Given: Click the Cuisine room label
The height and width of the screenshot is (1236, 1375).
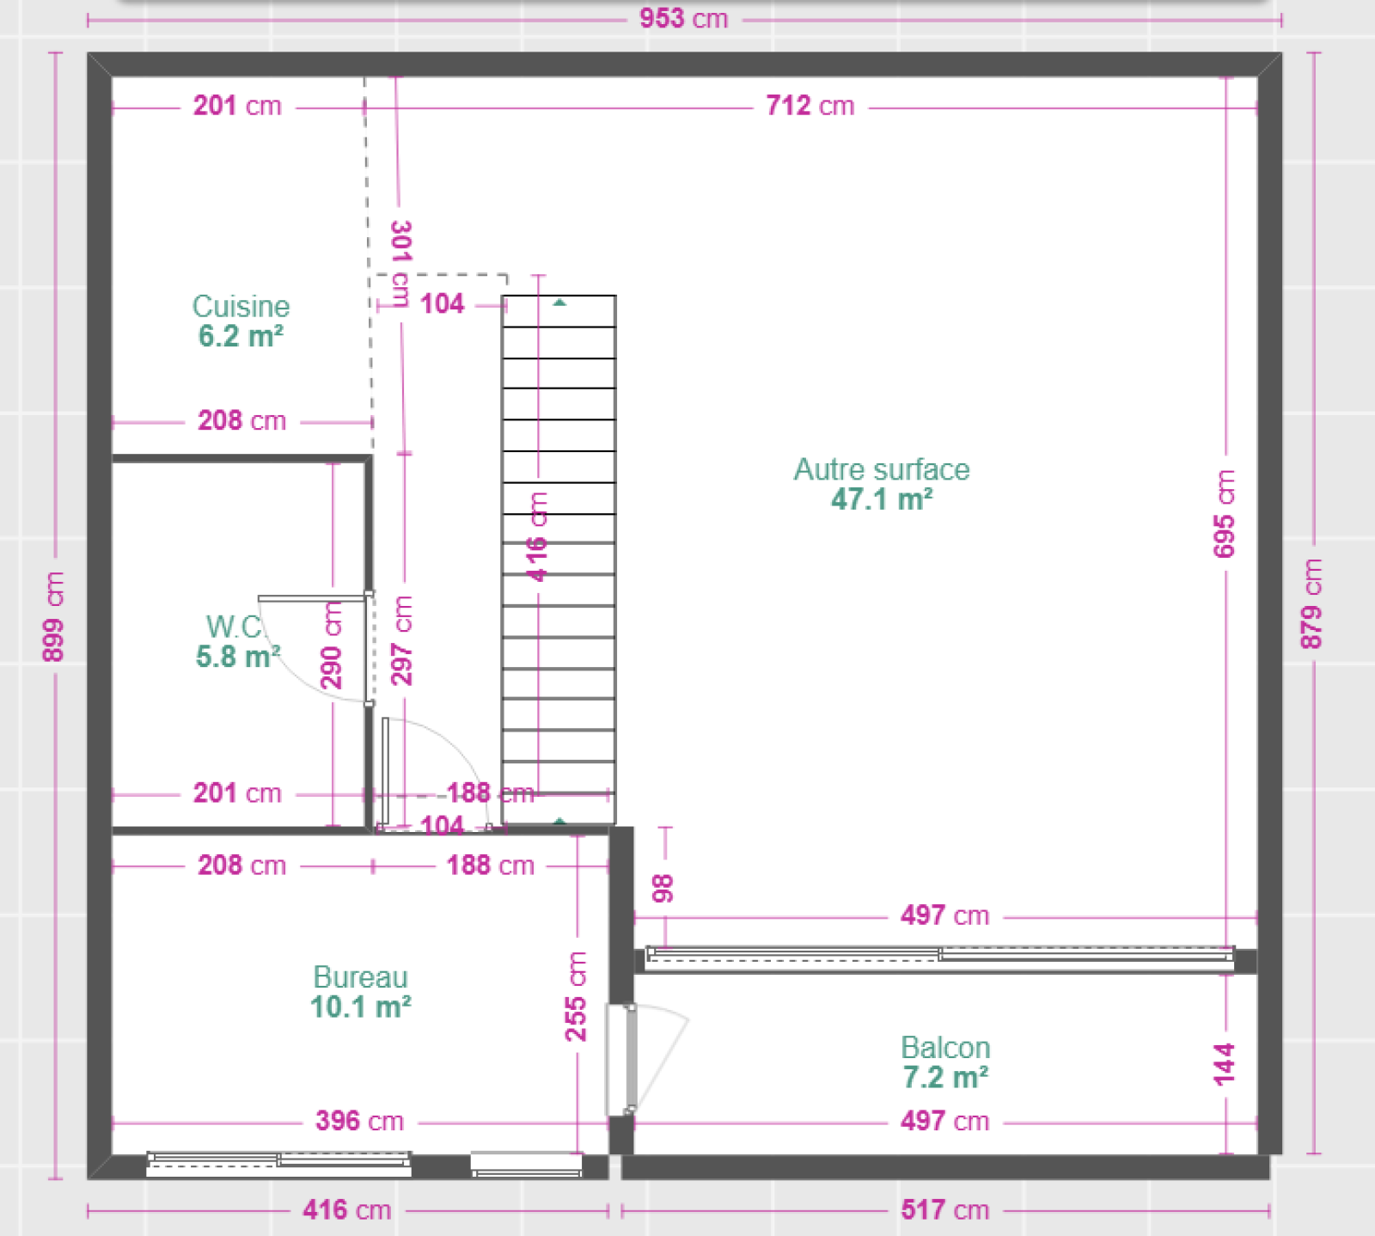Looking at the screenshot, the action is [x=241, y=306].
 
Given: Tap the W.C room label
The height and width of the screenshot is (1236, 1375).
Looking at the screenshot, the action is [x=234, y=627].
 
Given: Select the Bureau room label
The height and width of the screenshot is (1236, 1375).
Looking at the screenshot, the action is [x=360, y=976].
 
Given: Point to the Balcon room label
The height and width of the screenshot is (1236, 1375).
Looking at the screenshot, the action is [x=945, y=1047].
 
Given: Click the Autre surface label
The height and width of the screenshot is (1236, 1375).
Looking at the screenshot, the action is [x=882, y=469].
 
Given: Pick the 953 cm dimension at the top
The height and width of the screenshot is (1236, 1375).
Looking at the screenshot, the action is [x=684, y=18].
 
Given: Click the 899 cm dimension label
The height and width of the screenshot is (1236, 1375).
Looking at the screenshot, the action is [x=53, y=616].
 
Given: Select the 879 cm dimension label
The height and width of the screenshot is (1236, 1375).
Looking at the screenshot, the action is [x=1311, y=603].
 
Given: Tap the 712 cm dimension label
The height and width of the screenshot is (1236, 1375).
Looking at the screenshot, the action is [x=810, y=106].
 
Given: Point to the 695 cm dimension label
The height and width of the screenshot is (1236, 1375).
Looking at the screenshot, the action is [x=1225, y=513].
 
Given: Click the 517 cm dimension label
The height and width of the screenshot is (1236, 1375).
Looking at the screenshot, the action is [x=945, y=1210].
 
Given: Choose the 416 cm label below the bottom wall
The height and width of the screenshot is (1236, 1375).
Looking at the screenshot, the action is [x=347, y=1210].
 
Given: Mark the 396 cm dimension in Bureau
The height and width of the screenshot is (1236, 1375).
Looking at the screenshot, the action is [x=359, y=1121].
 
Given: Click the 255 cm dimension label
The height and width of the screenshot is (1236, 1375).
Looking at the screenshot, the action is [x=576, y=996].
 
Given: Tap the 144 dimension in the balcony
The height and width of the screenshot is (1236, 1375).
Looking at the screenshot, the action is [x=1225, y=1064].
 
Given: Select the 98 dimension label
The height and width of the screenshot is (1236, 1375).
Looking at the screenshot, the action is [x=663, y=889].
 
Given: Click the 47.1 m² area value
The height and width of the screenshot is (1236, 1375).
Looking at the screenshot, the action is [x=882, y=499].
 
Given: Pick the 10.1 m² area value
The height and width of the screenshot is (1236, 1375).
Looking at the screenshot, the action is [x=360, y=1007].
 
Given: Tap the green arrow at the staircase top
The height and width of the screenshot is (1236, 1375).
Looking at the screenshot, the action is [x=559, y=303].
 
